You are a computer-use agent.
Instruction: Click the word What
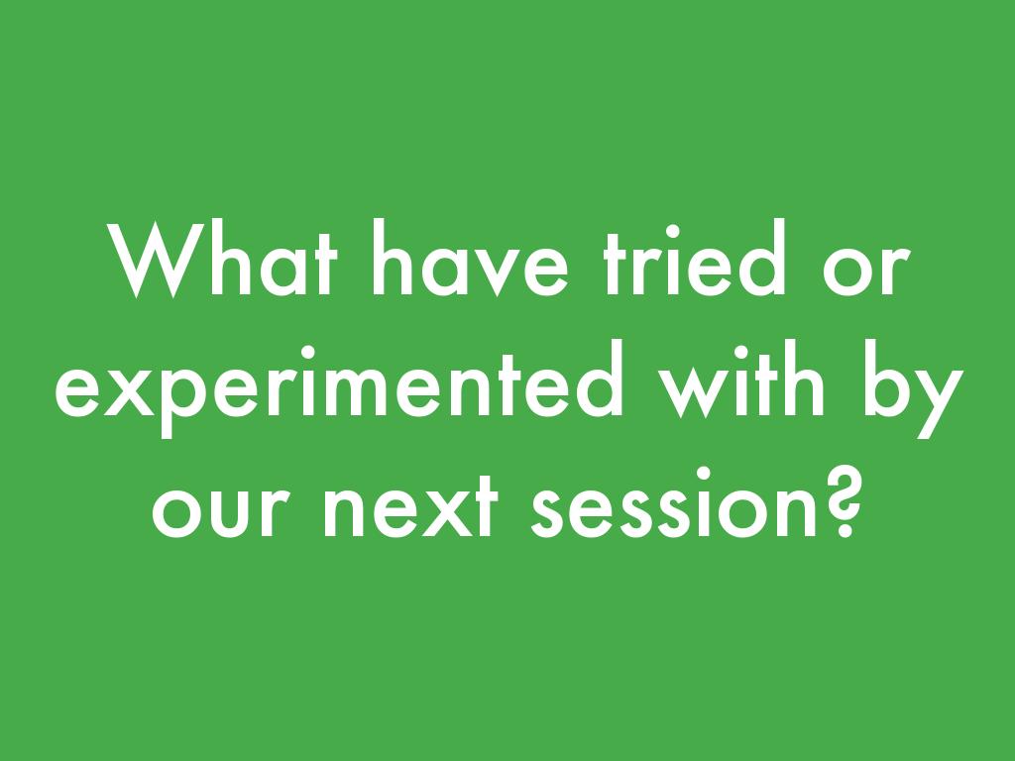click(x=223, y=259)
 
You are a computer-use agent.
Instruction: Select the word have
click(x=470, y=259)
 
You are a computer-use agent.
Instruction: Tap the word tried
click(x=695, y=259)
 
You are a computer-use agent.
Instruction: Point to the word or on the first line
click(x=866, y=270)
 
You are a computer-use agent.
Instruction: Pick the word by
click(x=914, y=388)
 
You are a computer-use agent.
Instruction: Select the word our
click(x=221, y=511)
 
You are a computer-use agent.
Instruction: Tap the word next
click(x=410, y=505)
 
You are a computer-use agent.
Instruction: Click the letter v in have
click(x=498, y=272)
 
